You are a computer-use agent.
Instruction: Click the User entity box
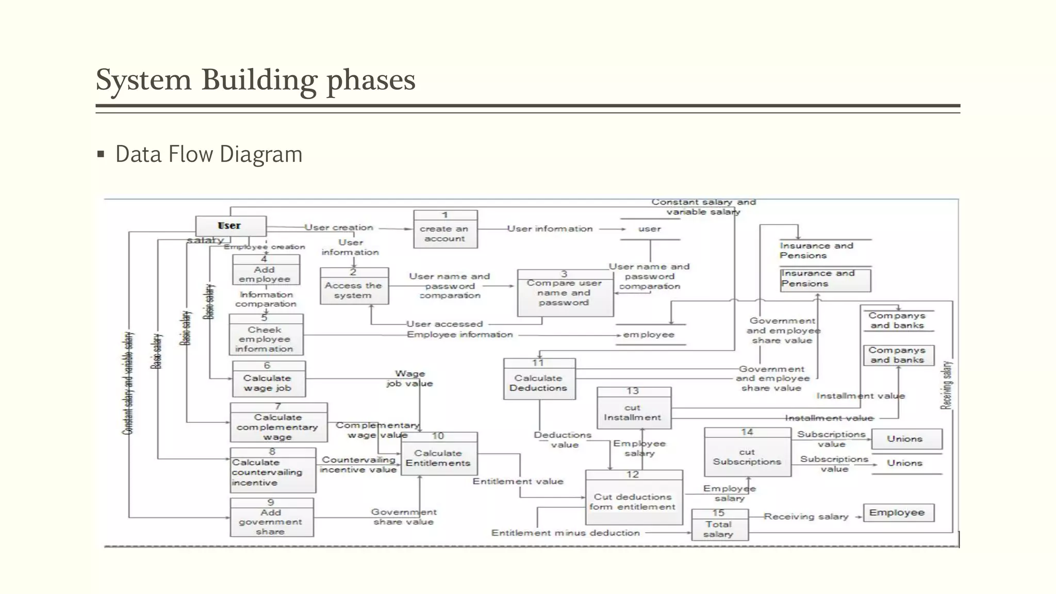click(230, 226)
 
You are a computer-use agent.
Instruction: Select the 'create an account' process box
click(445, 229)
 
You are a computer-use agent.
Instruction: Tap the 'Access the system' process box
click(354, 286)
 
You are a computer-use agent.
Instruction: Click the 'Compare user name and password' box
click(565, 293)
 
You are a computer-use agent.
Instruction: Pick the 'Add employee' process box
click(266, 270)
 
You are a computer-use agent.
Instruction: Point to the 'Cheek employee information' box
click(266, 335)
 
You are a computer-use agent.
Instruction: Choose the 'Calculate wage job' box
click(268, 379)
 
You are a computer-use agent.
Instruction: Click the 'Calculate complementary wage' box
click(278, 423)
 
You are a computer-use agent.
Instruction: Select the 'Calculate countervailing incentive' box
click(272, 470)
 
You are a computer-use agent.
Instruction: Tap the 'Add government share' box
click(271, 518)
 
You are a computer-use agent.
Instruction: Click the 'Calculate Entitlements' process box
click(439, 454)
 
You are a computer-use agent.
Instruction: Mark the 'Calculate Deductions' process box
click(539, 379)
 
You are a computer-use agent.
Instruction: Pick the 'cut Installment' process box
click(634, 408)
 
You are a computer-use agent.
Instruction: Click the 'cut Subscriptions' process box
click(747, 452)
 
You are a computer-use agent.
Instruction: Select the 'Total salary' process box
click(719, 525)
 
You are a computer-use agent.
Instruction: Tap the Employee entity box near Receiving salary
click(898, 513)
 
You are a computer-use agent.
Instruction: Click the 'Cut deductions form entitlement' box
click(634, 498)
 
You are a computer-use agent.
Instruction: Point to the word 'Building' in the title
click(259, 80)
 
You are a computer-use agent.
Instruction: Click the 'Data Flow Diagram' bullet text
click(209, 154)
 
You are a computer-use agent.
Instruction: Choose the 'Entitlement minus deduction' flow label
click(565, 533)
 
